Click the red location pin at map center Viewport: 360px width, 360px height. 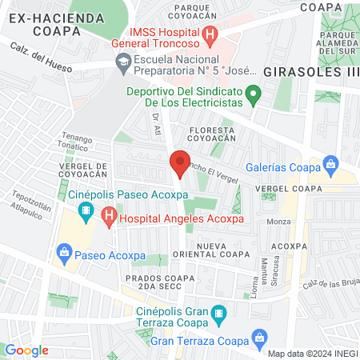tap(180, 163)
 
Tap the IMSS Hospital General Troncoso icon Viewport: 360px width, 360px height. tap(210, 34)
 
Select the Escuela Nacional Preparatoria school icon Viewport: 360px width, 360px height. tap(124, 61)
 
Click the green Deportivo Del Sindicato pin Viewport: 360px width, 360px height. tap(253, 96)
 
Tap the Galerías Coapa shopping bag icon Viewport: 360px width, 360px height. tap(330, 165)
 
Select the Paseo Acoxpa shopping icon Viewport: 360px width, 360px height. tap(63, 256)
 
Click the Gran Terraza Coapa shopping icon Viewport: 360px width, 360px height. tap(258, 339)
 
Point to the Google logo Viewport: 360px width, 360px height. tap(27, 350)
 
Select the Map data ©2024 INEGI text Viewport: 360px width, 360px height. tap(313, 354)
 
